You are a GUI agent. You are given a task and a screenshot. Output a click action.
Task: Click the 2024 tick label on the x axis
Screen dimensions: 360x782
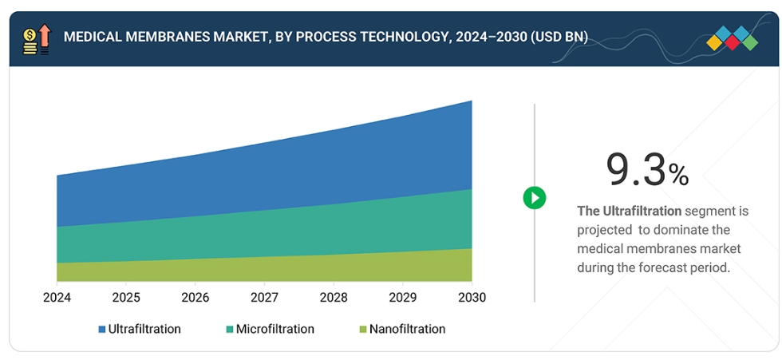coord(57,298)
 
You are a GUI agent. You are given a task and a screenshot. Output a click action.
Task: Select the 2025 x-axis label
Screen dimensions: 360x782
coord(126,298)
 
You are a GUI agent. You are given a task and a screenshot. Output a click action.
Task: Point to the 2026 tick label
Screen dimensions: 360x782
coord(195,298)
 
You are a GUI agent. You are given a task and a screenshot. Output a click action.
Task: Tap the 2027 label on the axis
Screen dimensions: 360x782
coord(264,298)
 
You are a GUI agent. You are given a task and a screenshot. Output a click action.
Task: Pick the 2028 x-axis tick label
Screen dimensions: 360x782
coord(334,298)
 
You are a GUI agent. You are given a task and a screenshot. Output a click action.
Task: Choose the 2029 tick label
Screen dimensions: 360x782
coord(402,298)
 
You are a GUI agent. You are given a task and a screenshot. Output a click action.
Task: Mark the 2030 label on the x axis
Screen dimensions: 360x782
coord(471,298)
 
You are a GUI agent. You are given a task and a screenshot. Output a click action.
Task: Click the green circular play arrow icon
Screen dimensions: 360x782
coord(535,198)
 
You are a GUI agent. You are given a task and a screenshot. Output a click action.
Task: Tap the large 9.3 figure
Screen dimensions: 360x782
coord(636,169)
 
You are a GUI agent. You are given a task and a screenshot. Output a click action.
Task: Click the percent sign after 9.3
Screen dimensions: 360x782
coord(679,175)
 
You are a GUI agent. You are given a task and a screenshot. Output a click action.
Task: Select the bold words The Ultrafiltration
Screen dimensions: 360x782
coord(630,212)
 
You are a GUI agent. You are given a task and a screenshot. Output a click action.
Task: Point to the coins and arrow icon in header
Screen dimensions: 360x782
coord(37,38)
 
